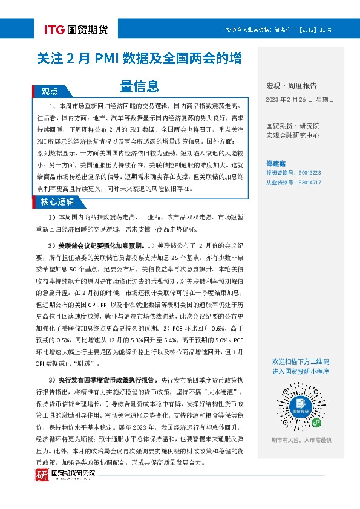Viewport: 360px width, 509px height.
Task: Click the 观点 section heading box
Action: point(50,91)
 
